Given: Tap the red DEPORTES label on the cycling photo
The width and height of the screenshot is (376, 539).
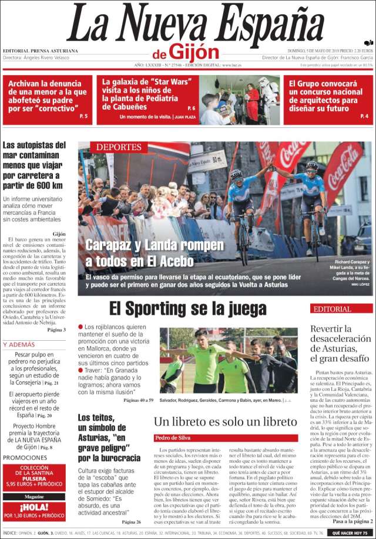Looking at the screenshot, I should tap(118, 147).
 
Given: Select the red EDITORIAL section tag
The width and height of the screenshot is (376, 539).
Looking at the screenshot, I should tap(333, 309).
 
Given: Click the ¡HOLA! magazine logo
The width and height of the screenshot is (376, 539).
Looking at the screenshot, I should tap(33, 507).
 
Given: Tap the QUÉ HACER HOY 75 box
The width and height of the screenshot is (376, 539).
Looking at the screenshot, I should tap(351, 533).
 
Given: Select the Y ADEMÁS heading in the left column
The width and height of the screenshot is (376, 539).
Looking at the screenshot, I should tap(19, 344).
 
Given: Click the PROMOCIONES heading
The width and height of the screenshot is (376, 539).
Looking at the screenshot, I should tap(25, 457).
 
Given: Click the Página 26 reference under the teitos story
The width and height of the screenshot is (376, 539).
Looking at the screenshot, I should tap(131, 521).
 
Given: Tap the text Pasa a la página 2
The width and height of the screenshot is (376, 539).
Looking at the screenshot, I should tap(352, 520).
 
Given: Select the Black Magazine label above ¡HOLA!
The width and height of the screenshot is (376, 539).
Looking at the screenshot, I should tap(33, 496).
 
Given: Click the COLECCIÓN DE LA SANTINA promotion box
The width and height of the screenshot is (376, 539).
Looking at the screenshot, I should tap(33, 476).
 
